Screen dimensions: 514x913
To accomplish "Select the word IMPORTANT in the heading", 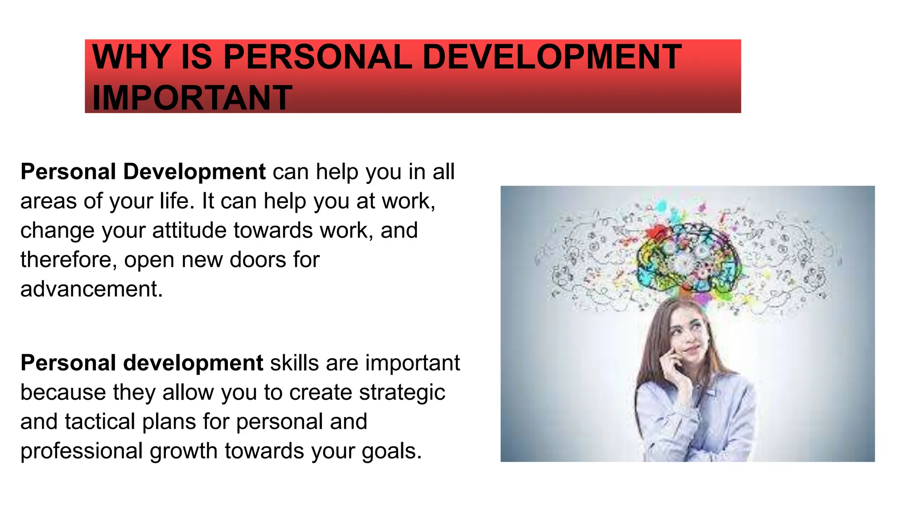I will click(192, 98).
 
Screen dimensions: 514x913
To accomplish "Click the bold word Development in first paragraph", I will click(194, 172).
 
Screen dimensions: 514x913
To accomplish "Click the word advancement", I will click(91, 289).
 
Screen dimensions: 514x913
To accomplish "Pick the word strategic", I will click(402, 393).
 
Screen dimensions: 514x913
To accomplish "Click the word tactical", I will click(100, 422).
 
